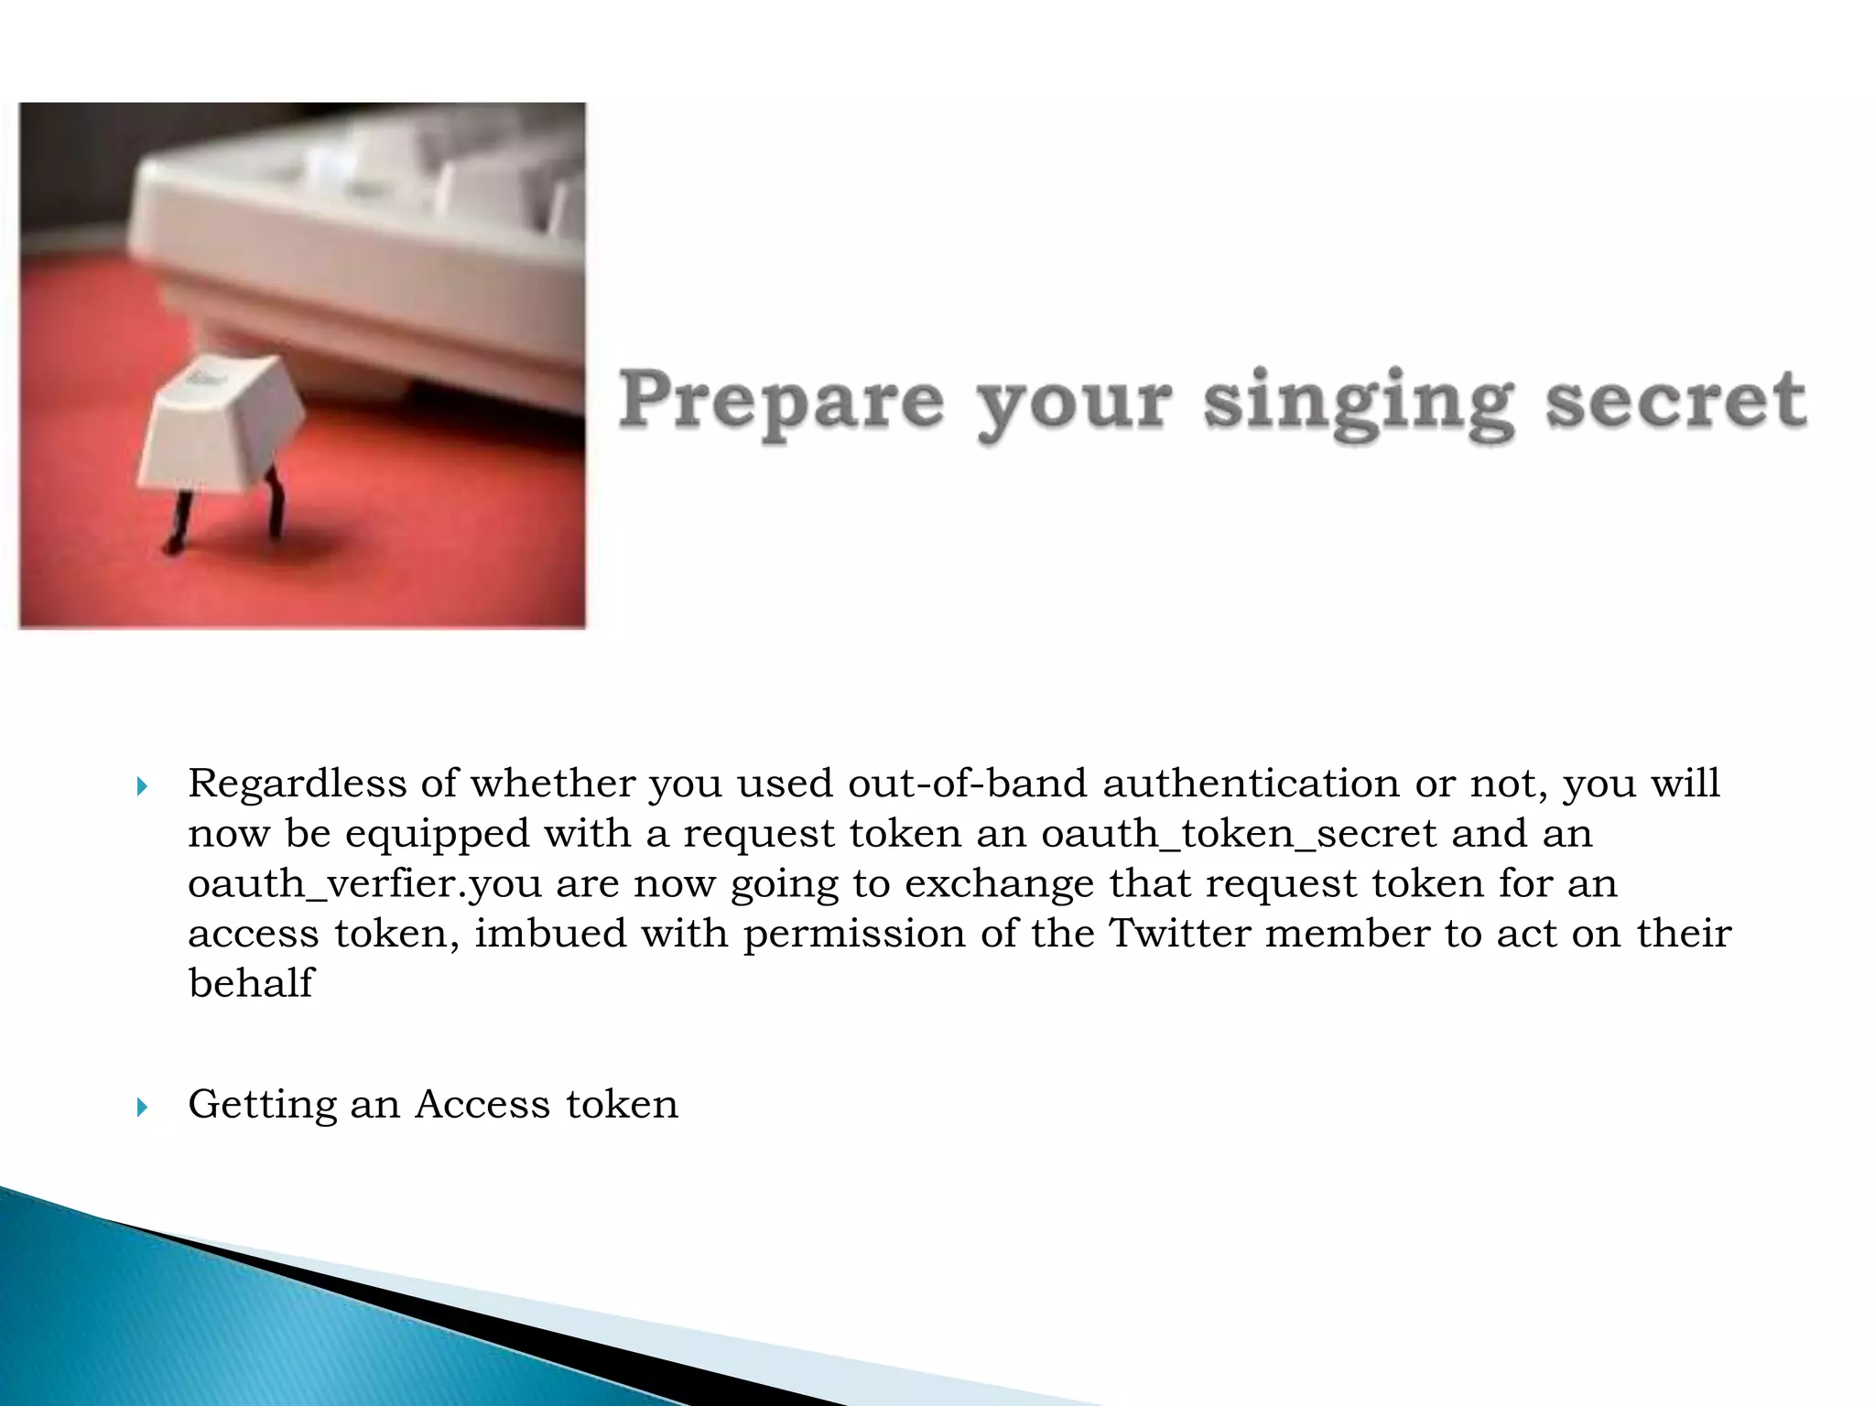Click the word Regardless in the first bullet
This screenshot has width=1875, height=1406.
(x=297, y=784)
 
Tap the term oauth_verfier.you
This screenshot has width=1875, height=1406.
(x=365, y=884)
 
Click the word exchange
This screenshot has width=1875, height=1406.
(x=1000, y=884)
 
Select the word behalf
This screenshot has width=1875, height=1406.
(x=250, y=983)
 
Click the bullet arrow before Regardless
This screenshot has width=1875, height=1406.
(x=141, y=786)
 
